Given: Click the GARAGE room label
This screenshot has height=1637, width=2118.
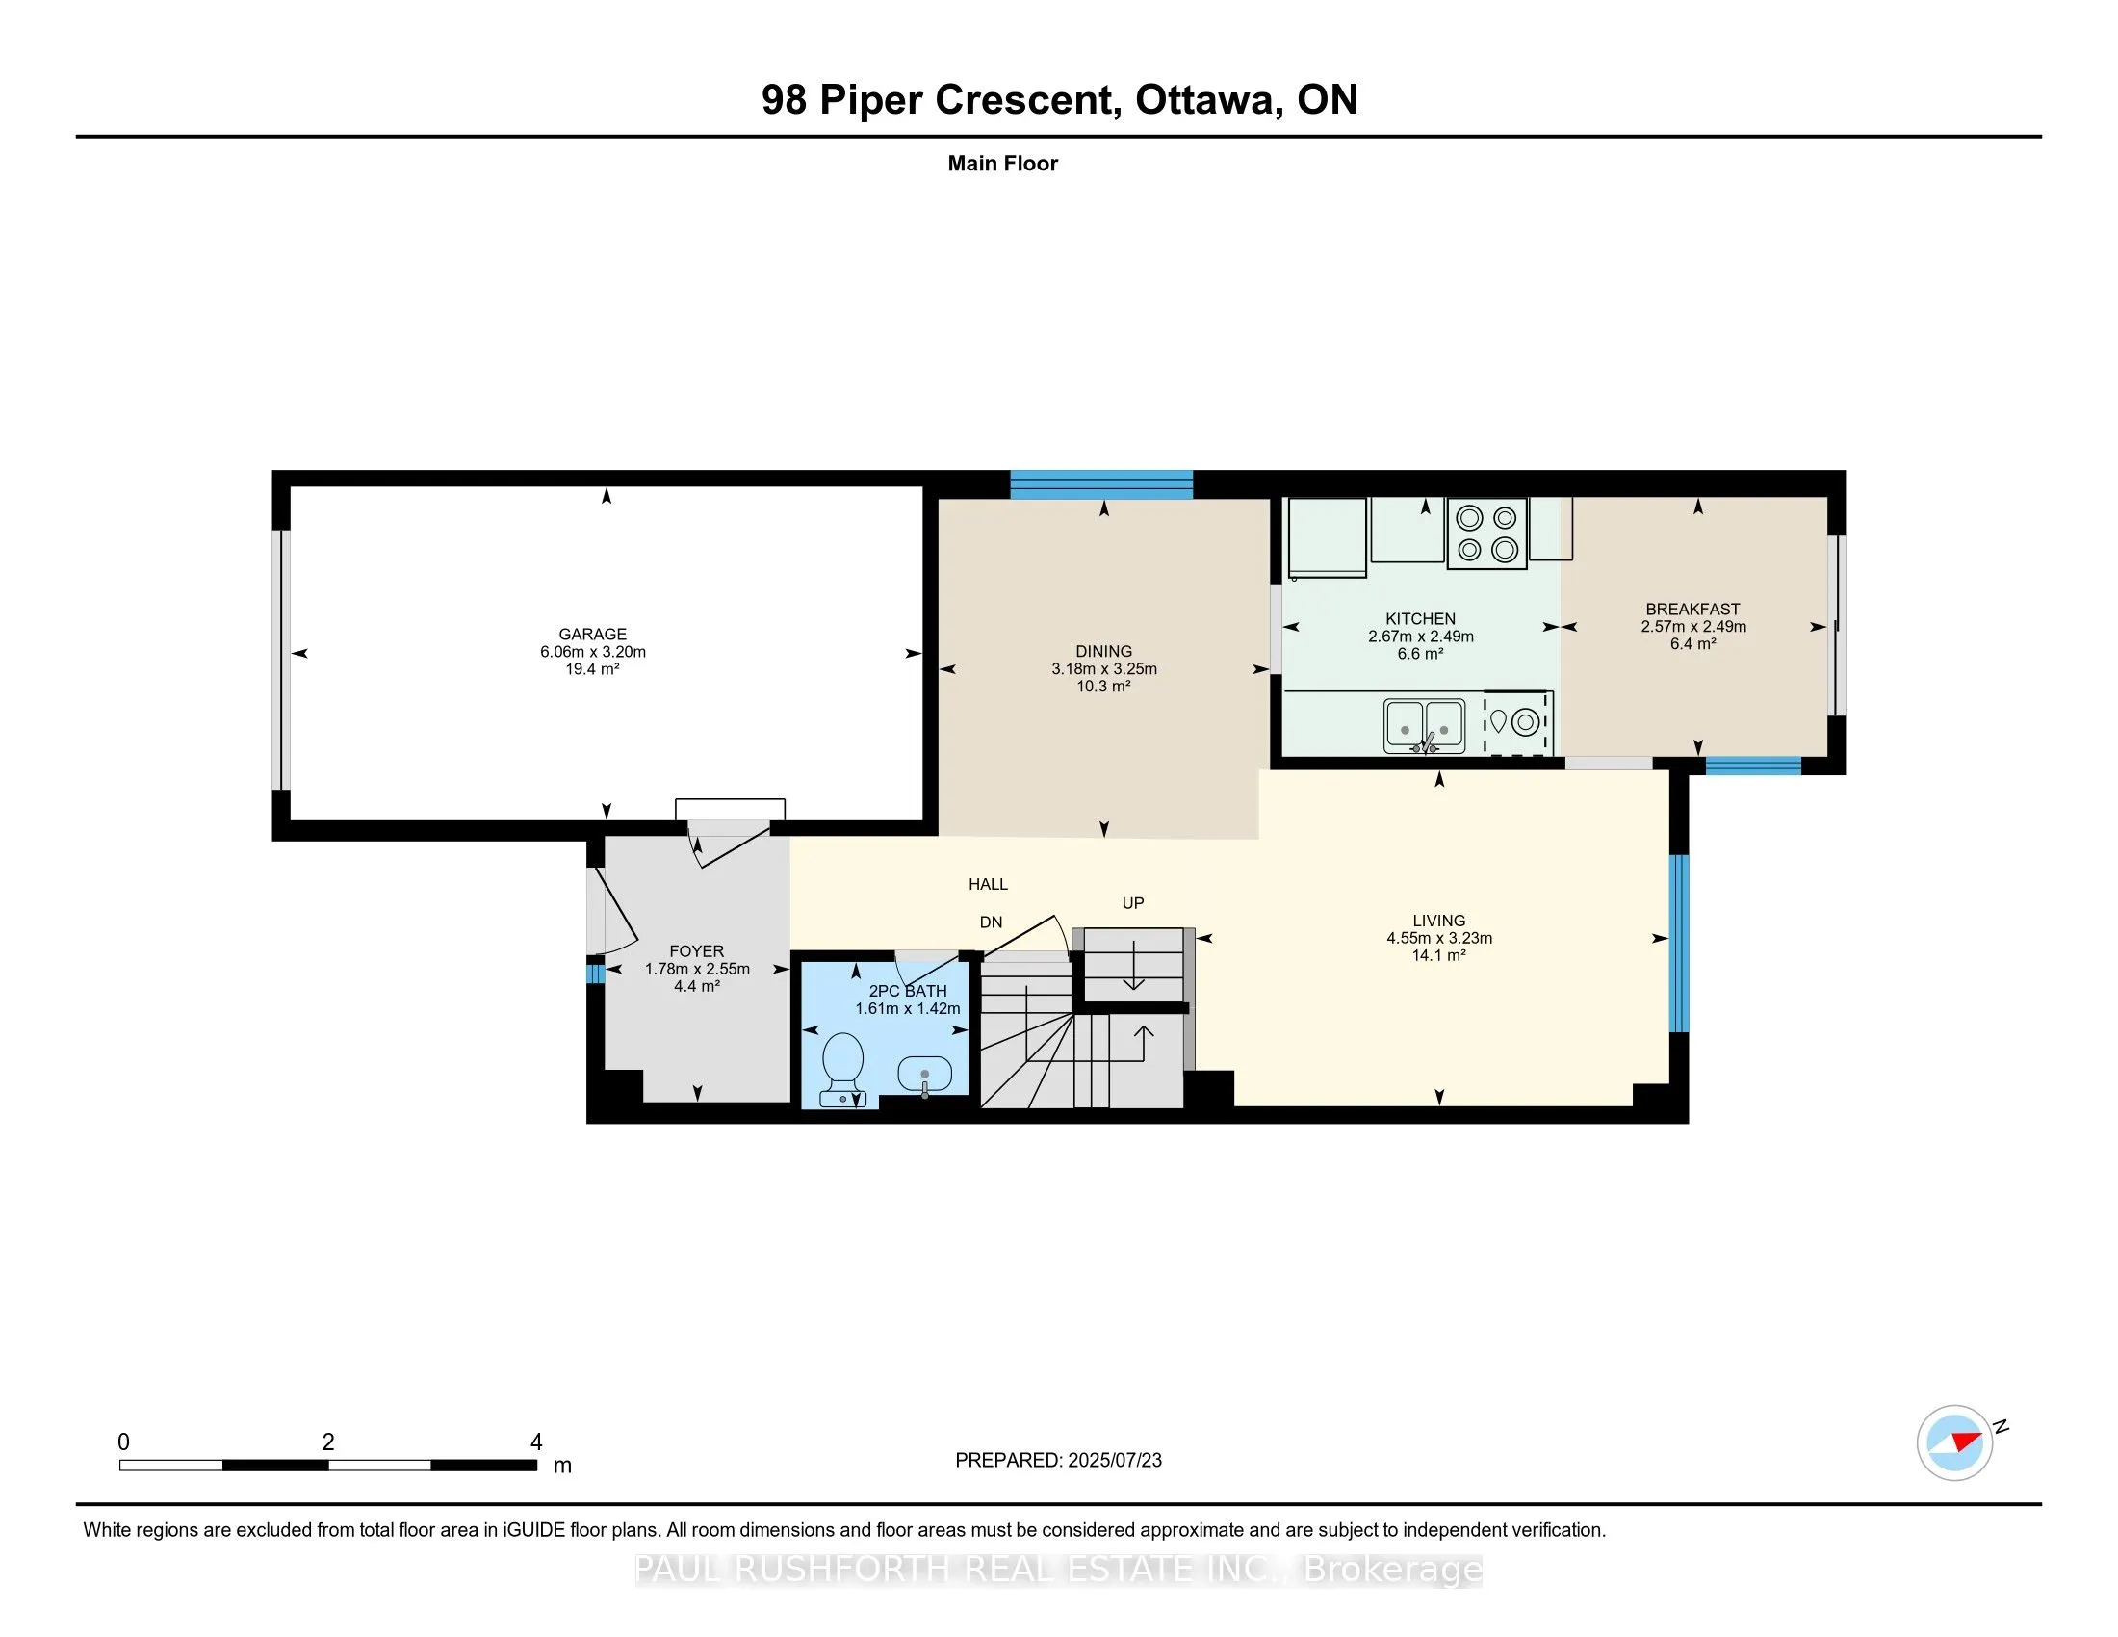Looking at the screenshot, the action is pyautogui.click(x=592, y=635).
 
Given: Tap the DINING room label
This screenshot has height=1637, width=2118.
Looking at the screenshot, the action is pyautogui.click(x=1103, y=652).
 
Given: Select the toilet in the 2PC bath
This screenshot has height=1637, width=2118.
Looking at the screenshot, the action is pyautogui.click(x=842, y=1070).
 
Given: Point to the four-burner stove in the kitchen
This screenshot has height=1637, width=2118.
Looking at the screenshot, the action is pyautogui.click(x=1486, y=533).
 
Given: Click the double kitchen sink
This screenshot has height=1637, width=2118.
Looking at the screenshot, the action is pyautogui.click(x=1425, y=725).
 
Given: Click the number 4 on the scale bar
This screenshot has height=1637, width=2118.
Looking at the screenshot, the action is pyautogui.click(x=536, y=1442).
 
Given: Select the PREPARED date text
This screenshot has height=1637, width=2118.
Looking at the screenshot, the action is pyautogui.click(x=1058, y=1461).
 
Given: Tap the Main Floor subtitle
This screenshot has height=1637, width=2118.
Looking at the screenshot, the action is pyautogui.click(x=1003, y=164).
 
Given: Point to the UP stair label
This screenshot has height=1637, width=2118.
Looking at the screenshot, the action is pyautogui.click(x=1133, y=903).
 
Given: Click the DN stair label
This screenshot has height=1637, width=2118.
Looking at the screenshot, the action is pyautogui.click(x=991, y=922).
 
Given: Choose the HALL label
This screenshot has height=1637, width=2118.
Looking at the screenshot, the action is pyautogui.click(x=988, y=884).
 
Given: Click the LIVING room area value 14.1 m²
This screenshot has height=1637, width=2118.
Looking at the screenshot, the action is pyautogui.click(x=1439, y=956).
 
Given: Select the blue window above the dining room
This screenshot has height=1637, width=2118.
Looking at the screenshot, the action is pyautogui.click(x=1101, y=485).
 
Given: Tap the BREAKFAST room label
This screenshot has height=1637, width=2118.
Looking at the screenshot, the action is pyautogui.click(x=1693, y=609).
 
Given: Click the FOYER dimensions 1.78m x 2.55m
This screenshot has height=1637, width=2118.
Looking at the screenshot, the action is pyautogui.click(x=697, y=969).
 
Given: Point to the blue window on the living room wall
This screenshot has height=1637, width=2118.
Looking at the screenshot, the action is pyautogui.click(x=1679, y=944).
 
